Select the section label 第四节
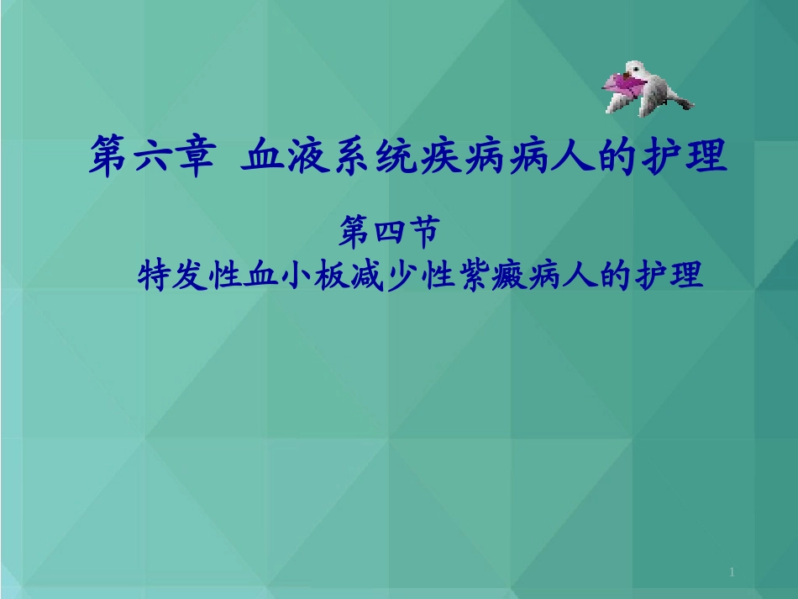tap(388, 232)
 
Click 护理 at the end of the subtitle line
tap(669, 274)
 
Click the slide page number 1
tap(732, 573)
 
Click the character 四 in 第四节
tap(388, 232)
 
